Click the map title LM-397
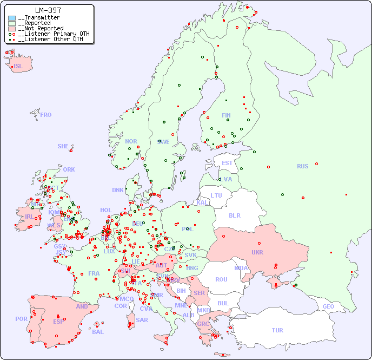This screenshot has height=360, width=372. [x=48, y=10]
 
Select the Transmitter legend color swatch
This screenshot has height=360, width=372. [x=12, y=18]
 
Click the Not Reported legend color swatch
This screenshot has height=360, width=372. [x=12, y=29]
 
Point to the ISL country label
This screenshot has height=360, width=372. [x=18, y=67]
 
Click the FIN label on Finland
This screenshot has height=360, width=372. [x=226, y=115]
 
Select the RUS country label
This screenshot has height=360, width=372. [x=302, y=166]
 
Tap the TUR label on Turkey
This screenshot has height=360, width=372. [x=277, y=330]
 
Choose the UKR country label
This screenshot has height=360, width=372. [x=257, y=252]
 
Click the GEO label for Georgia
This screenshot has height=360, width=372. [x=328, y=306]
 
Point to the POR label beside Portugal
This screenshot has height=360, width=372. [x=21, y=319]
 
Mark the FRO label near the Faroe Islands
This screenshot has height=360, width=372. [x=46, y=115]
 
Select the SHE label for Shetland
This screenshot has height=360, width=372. [x=63, y=146]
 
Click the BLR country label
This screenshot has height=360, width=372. [x=234, y=215]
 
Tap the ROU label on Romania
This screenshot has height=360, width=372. [x=221, y=279]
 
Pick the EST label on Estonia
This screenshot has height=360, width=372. [x=227, y=163]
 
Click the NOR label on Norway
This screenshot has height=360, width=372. [x=131, y=141]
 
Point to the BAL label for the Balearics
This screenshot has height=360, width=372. [x=97, y=332]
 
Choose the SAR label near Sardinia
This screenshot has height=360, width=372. [x=142, y=320]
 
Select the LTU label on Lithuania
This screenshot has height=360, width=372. [x=216, y=195]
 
